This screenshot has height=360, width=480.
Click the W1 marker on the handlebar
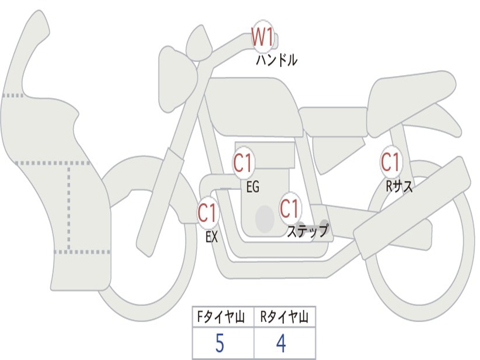(x=262, y=37)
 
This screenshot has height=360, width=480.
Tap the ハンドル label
(x=277, y=60)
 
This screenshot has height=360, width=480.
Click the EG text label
(x=253, y=187)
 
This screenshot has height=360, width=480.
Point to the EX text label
(x=212, y=237)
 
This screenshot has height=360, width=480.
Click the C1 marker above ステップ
(x=290, y=209)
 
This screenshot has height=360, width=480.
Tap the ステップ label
(x=307, y=232)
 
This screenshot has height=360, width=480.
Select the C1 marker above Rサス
(x=390, y=162)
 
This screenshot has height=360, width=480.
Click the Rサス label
(x=399, y=187)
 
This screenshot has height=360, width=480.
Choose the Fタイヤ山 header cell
(x=223, y=318)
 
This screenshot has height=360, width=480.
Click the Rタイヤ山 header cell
(x=285, y=318)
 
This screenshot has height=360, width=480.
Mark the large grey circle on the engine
(x=265, y=219)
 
